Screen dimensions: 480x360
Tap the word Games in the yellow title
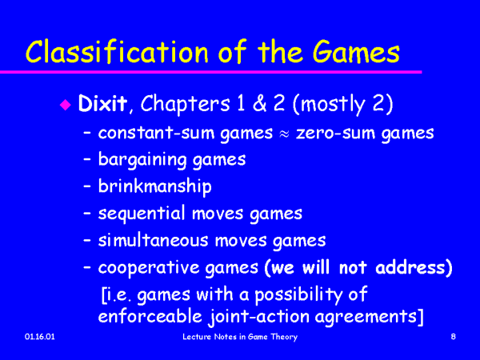pyautogui.click(x=356, y=51)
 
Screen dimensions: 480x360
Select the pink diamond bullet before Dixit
pyautogui.click(x=66, y=105)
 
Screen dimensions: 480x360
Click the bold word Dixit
pyautogui.click(x=102, y=103)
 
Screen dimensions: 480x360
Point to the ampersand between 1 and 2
pyautogui.click(x=259, y=103)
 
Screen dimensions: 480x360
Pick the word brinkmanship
pyautogui.click(x=155, y=186)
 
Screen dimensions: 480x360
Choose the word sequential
pyautogui.click(x=142, y=214)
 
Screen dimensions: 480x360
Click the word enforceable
pyautogui.click(x=150, y=316)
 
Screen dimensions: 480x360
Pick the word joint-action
pyautogui.click(x=259, y=317)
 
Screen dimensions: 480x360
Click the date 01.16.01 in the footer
pyautogui.click(x=40, y=337)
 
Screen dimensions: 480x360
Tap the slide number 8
pyautogui.click(x=454, y=337)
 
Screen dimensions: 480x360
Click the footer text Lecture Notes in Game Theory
pyautogui.click(x=240, y=337)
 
